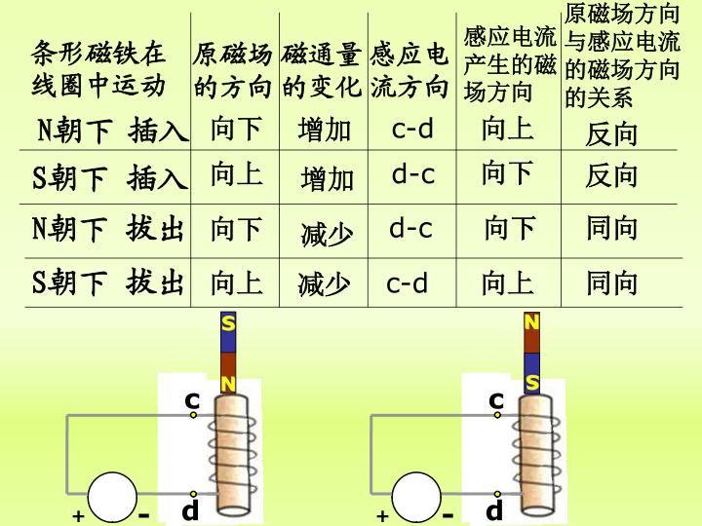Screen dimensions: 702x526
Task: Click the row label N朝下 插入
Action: tap(113, 131)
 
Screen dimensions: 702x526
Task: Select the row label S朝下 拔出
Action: tap(108, 282)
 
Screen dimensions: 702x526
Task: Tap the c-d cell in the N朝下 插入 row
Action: tap(412, 129)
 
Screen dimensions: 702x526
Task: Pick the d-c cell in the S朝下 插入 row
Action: tap(412, 174)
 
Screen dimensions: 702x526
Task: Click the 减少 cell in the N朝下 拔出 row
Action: tap(327, 235)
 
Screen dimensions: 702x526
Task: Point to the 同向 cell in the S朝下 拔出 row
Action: tap(612, 282)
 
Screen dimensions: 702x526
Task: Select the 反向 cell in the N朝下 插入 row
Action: tap(611, 133)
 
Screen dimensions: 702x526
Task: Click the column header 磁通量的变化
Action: tap(322, 70)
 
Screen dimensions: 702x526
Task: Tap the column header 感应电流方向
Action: tap(409, 70)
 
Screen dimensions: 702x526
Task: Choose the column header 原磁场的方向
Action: tap(233, 70)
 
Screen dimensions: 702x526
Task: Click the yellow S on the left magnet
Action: tap(228, 323)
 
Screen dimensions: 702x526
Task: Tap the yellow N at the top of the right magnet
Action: tap(531, 322)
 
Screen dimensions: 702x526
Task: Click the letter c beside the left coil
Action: tap(192, 400)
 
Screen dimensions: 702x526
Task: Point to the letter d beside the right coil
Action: tap(494, 509)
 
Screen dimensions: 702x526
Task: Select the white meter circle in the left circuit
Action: tap(112, 498)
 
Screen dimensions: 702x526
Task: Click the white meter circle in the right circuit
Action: tap(416, 498)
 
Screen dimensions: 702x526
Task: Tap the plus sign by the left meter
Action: tap(78, 515)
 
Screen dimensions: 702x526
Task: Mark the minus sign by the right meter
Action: tap(448, 516)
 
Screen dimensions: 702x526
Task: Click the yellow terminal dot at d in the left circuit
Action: tap(193, 494)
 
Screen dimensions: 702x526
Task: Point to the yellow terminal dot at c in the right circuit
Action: tap(497, 415)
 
